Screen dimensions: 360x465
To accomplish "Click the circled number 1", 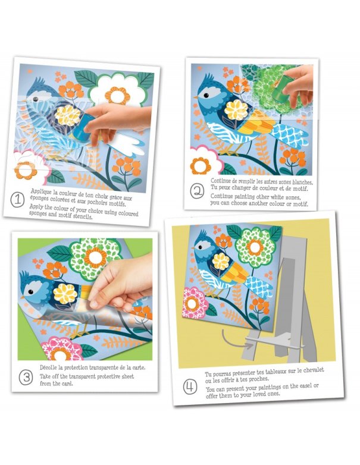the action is tap(17, 200).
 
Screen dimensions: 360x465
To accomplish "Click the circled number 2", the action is tap(197, 191).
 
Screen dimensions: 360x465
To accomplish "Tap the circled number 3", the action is tap(26, 378).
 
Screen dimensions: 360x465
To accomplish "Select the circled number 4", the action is tap(190, 387).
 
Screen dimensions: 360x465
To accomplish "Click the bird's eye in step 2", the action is tap(206, 95).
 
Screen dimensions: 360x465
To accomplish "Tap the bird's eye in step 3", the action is tap(30, 292).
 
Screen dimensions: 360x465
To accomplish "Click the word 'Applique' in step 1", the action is tap(42, 191).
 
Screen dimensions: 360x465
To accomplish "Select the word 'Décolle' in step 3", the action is tap(48, 367).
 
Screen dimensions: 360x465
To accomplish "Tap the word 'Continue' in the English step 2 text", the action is tap(221, 196).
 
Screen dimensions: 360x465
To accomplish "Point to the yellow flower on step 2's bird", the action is tap(236, 110).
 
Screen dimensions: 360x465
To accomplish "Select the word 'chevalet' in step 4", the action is tap(313, 370).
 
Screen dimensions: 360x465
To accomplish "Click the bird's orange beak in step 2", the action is tap(196, 98).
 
